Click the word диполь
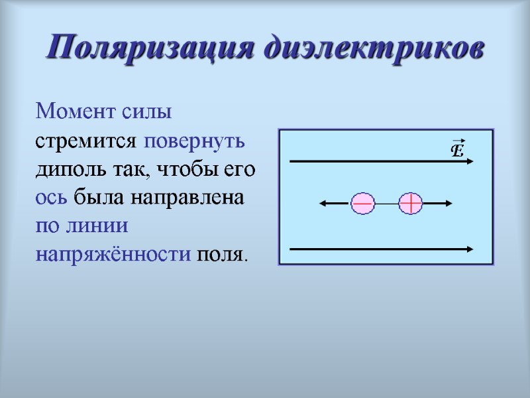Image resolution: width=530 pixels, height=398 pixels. click(67, 170)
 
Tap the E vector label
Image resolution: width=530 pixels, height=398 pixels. click(456, 149)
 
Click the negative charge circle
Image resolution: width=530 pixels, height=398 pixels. click(363, 204)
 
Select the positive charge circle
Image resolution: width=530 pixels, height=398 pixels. click(411, 204)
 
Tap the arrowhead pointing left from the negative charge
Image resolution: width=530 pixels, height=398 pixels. click(323, 204)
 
